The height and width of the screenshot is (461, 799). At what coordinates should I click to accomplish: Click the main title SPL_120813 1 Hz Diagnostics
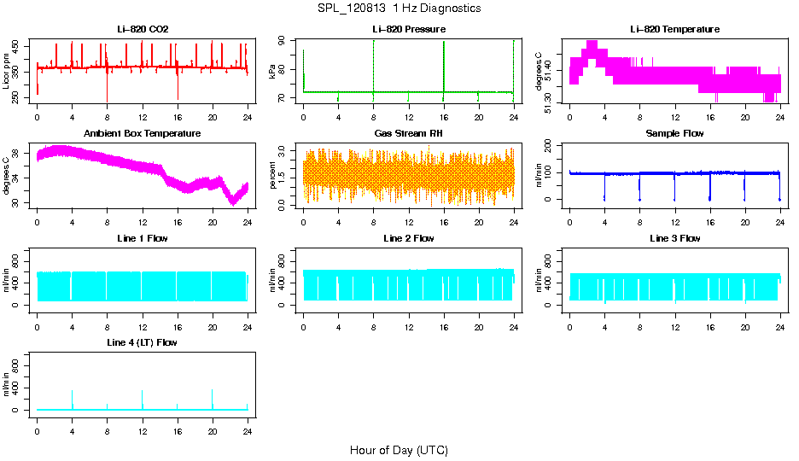[x=399, y=9]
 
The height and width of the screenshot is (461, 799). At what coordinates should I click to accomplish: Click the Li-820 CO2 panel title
[x=143, y=30]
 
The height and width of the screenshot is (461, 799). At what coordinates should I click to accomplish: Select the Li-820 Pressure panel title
[x=408, y=30]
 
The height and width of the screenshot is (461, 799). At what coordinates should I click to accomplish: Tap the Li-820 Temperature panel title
[x=674, y=30]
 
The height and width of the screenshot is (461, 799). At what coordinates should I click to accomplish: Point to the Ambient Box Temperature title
[x=143, y=134]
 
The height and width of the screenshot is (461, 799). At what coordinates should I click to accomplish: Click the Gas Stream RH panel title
[x=408, y=134]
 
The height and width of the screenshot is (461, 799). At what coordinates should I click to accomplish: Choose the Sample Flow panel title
[x=674, y=134]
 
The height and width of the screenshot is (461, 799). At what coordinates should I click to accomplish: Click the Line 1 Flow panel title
[x=143, y=238]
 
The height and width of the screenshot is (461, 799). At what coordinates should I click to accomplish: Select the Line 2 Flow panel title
[x=408, y=238]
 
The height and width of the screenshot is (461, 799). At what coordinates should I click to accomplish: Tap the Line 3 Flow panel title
[x=674, y=238]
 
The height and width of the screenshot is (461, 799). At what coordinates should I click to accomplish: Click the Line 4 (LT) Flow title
[x=143, y=342]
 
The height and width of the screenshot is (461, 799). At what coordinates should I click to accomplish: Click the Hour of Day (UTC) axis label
[x=399, y=450]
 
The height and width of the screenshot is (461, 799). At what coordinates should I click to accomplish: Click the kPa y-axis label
[x=272, y=72]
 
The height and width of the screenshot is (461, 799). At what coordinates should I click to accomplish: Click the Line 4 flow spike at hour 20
[x=213, y=394]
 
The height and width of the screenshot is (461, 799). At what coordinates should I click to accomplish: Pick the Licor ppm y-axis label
[x=7, y=72]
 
